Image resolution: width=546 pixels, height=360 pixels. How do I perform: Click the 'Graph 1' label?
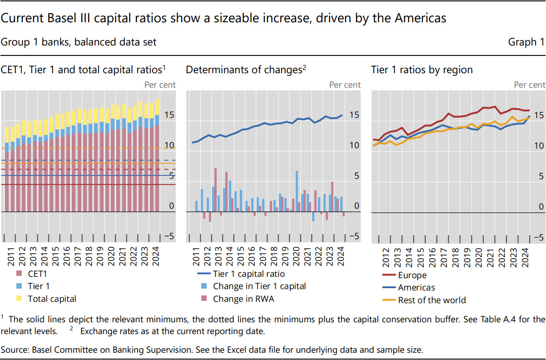click(x=526, y=42)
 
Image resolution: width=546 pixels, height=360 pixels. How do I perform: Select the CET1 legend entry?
click(x=37, y=274)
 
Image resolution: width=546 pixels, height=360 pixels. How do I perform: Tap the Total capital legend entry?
click(x=52, y=299)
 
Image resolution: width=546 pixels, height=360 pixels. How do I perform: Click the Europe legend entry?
click(x=412, y=275)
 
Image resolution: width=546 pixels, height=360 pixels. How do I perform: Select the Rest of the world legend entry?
click(x=432, y=300)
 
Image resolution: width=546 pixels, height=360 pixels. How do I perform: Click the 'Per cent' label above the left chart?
click(x=160, y=85)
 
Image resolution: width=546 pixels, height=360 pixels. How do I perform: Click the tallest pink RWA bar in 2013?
click(x=215, y=190)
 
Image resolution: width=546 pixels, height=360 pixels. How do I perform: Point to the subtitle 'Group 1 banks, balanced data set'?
click(x=79, y=42)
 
